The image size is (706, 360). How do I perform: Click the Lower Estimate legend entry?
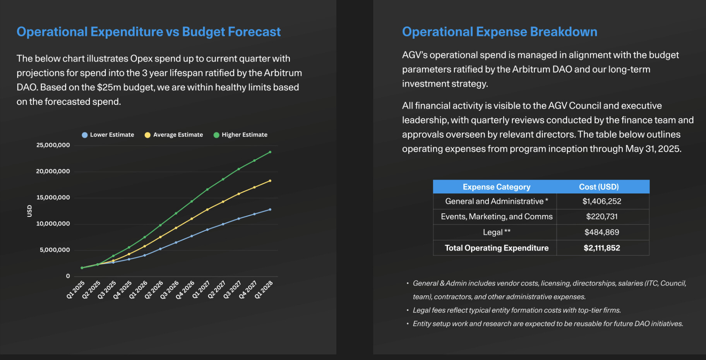(108, 135)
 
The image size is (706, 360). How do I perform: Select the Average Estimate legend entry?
(174, 135)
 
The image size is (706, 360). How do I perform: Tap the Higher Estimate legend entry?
(240, 135)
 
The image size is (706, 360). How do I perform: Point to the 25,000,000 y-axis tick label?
(53, 145)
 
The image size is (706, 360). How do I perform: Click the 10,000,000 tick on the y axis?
(53, 224)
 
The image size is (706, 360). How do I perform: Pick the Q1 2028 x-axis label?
(264, 290)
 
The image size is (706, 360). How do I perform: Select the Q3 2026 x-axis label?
(170, 290)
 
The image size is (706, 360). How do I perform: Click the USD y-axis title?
(29, 211)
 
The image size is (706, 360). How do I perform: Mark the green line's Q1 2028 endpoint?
(270, 152)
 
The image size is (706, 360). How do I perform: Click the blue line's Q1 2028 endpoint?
(270, 209)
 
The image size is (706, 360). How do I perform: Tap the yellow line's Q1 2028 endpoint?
(270, 181)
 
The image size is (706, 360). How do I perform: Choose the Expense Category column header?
(496, 187)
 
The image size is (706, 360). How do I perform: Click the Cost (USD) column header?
(599, 187)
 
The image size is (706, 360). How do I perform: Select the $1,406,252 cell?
(601, 201)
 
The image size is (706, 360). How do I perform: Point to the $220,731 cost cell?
(601, 217)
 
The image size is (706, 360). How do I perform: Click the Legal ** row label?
(496, 232)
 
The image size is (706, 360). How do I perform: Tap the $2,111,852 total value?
(601, 248)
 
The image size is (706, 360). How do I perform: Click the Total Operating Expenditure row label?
(496, 248)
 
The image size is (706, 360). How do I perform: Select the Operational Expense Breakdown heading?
(499, 32)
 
